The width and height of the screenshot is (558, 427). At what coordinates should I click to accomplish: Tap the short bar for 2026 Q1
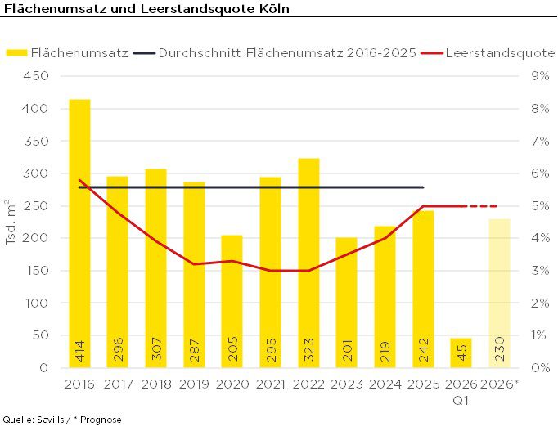click(461, 353)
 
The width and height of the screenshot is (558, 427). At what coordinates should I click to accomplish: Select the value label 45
click(461, 353)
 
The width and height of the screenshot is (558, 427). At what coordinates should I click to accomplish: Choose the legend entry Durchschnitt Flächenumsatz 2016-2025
click(286, 52)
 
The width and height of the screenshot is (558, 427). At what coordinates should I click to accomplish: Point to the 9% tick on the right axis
click(540, 76)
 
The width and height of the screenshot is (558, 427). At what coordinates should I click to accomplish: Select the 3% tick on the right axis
click(540, 271)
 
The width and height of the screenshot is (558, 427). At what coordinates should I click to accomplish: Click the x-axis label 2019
click(194, 384)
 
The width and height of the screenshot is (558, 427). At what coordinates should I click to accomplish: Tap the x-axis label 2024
click(385, 384)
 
